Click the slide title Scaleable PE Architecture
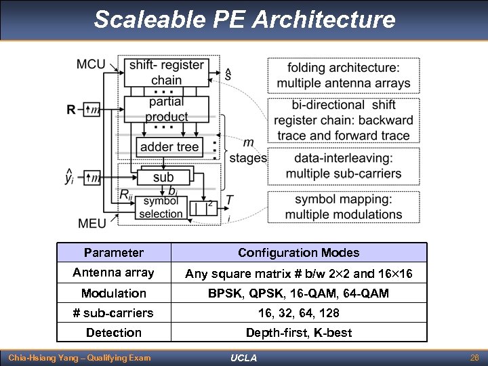click(x=244, y=19)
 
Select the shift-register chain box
click(x=167, y=72)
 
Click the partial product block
click(x=166, y=109)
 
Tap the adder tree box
click(x=169, y=146)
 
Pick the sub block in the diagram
click(x=163, y=177)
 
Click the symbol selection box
click(x=161, y=208)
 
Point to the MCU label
click(x=91, y=64)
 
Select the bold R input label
click(x=71, y=109)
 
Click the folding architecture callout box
click(x=343, y=75)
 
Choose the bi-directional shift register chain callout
click(x=343, y=120)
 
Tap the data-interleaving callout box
click(x=343, y=165)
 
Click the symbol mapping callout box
click(x=343, y=207)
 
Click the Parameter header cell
click(x=114, y=253)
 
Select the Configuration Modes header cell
click(x=298, y=253)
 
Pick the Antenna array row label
click(x=114, y=272)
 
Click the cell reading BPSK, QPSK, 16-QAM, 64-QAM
click(x=298, y=293)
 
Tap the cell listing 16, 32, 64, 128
click(x=298, y=312)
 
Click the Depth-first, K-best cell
click(x=298, y=332)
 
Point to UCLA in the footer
click(x=243, y=357)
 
